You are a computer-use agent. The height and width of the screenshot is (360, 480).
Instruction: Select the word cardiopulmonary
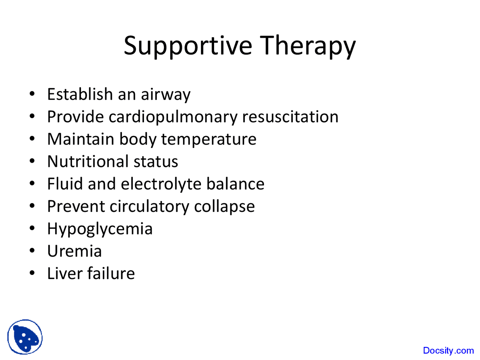[x=173, y=117]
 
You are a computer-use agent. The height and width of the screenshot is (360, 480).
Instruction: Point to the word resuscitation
[x=290, y=117]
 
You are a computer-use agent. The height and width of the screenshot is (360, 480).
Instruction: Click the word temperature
[x=208, y=139]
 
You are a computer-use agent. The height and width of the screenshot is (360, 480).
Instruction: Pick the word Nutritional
[x=87, y=162]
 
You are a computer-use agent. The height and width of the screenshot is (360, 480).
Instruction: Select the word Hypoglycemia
[x=100, y=229]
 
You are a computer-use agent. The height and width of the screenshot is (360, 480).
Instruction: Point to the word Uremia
[x=74, y=251]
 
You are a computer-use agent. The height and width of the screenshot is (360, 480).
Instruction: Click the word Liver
[x=64, y=273]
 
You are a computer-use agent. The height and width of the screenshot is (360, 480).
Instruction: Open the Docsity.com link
[x=448, y=351]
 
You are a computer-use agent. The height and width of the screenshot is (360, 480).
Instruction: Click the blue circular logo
[x=25, y=337]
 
